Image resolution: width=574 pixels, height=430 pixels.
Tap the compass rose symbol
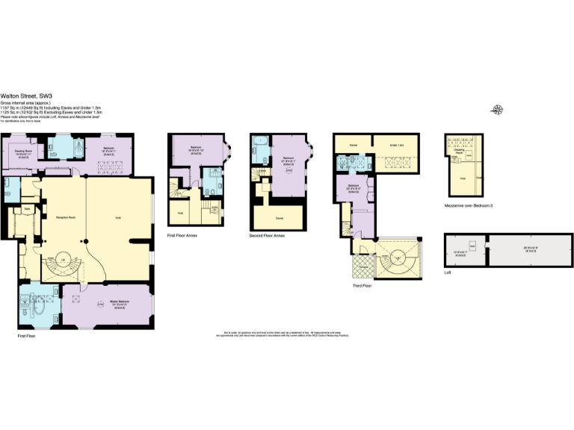click(x=497, y=111)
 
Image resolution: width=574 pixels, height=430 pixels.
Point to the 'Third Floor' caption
click(x=362, y=284)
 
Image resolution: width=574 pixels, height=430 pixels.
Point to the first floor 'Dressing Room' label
click(x=22, y=152)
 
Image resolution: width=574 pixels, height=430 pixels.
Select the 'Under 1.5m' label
click(x=397, y=145)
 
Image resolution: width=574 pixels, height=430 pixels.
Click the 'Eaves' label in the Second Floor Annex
click(x=279, y=218)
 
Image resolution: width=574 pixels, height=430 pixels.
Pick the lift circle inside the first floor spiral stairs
click(x=64, y=260)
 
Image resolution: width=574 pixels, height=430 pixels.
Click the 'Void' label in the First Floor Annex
click(x=180, y=213)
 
